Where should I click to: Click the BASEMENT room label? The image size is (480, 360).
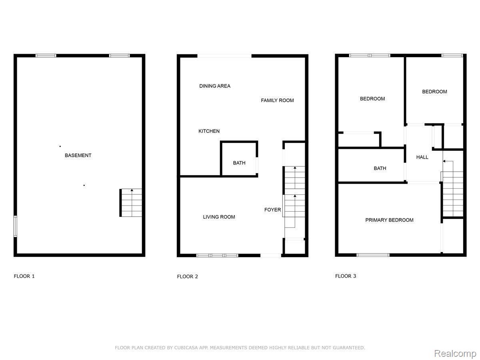[x=78, y=155]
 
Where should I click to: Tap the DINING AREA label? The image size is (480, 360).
[x=214, y=86]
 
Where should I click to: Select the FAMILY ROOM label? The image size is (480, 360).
[x=277, y=100]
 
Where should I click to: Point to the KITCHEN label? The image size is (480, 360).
[x=209, y=131]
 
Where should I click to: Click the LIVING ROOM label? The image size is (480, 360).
[x=219, y=217]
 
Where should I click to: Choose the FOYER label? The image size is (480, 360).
[x=272, y=210]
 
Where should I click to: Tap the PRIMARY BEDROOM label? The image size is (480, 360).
[x=389, y=220]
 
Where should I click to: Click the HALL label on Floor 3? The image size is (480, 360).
[x=422, y=157]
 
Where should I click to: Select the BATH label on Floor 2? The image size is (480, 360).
[x=239, y=163]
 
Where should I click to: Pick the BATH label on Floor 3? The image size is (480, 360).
[x=380, y=168]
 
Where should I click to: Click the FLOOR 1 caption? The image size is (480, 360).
[x=24, y=276]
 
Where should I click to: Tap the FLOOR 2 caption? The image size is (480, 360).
[x=187, y=276]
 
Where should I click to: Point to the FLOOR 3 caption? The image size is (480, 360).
[x=345, y=276]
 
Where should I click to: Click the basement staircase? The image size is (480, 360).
[x=131, y=203]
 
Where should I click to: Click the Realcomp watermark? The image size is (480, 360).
[x=455, y=354]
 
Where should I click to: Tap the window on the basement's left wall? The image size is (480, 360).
[x=15, y=226]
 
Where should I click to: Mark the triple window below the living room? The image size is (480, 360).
[x=217, y=255]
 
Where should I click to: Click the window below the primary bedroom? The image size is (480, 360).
[x=373, y=255]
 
